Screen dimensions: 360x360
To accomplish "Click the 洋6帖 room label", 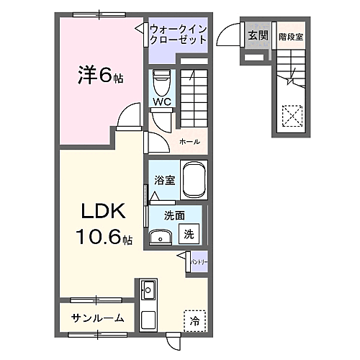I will point(100,75).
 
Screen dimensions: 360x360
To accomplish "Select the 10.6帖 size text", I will point(105,237).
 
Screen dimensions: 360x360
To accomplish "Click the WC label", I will point(161,103).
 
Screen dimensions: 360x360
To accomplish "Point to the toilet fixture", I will point(161,82).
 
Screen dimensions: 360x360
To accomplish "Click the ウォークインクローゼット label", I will point(179,34).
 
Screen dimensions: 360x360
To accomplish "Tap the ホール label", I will point(189,142).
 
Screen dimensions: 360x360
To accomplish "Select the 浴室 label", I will point(164,180).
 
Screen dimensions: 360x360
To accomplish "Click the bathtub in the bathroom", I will point(194,180).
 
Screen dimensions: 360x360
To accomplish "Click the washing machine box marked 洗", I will point(189,233).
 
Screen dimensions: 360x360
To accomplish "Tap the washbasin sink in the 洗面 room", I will point(161,235).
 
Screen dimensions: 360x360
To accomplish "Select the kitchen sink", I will point(149,292).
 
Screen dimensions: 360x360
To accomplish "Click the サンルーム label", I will point(97,318).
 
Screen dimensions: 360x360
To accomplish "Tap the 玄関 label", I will point(258,34).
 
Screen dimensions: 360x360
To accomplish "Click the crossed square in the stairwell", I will point(292,114).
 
